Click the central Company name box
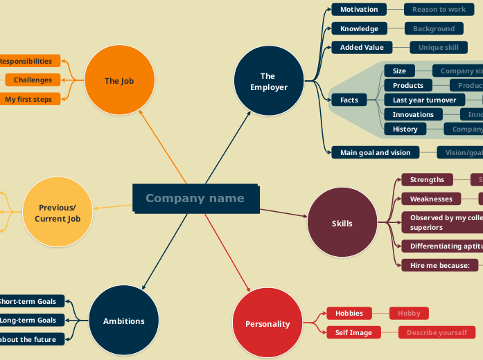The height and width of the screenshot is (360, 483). [x=195, y=199]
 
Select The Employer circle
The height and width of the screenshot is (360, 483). [x=268, y=81]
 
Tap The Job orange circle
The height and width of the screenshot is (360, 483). [x=119, y=80]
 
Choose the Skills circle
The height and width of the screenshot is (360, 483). [x=342, y=223]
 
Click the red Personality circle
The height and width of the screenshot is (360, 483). [x=267, y=323]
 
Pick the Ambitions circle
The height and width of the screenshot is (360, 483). [x=124, y=321]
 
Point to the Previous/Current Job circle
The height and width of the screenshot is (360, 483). [x=58, y=213]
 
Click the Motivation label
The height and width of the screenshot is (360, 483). [x=358, y=10]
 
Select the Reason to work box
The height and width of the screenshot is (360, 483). [x=439, y=10]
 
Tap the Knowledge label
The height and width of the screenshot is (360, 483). [x=359, y=28]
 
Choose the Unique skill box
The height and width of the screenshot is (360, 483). [x=438, y=47]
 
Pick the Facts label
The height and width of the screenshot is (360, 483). [x=349, y=100]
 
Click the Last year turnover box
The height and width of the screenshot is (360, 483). [x=424, y=100]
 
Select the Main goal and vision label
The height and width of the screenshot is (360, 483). [x=375, y=152]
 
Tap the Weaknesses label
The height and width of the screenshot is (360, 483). [x=430, y=199]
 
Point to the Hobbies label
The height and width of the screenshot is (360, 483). [x=349, y=313]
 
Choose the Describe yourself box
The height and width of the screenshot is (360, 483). [x=437, y=332]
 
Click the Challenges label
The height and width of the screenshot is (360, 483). [x=33, y=80]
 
